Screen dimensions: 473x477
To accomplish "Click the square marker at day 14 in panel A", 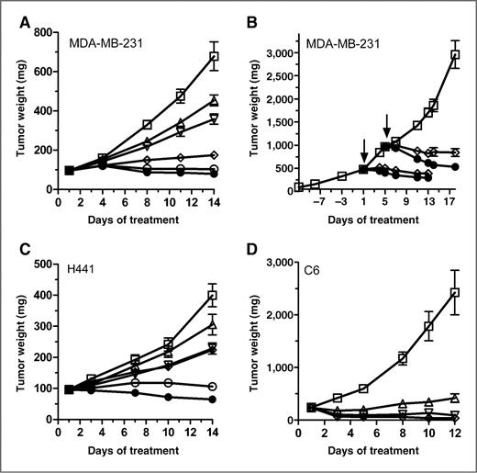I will [214, 57].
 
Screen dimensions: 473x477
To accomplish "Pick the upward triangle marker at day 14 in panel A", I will [214, 101].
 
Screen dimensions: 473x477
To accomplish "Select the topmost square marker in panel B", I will [454, 55].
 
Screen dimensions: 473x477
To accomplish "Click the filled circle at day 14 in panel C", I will [214, 400].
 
